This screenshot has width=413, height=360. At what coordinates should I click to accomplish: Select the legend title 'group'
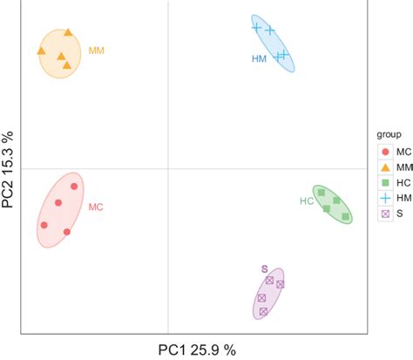pos(389,135)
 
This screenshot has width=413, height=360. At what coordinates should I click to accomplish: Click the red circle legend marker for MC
pos(384,151)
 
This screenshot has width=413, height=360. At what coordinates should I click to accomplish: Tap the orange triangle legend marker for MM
pos(384,166)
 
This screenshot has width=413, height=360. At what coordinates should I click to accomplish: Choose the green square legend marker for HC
pos(384,182)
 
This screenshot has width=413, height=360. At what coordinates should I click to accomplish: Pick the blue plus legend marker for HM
pos(384,198)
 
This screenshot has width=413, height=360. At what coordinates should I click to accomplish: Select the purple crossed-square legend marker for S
pos(384,214)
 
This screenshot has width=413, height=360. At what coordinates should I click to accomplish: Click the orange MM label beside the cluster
pos(97,51)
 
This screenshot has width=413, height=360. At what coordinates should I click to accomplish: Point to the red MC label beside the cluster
pos(96,207)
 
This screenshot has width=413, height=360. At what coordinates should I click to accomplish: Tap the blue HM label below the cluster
pos(259,59)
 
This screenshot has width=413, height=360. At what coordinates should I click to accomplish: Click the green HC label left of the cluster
pos(307,201)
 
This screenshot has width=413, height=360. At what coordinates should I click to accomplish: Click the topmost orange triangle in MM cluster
pos(68,33)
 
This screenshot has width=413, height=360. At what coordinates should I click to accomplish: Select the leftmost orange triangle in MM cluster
pos(41,51)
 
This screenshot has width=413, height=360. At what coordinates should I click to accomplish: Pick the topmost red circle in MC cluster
pos(74,186)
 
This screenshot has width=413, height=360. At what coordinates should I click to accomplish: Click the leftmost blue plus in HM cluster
pos(257,27)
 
